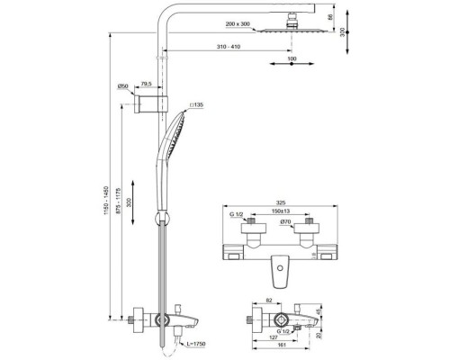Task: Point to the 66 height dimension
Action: pyautogui.click(x=330, y=17)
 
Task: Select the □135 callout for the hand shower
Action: pyautogui.click(x=197, y=105)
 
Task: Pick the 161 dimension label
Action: pyautogui.click(x=282, y=351)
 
